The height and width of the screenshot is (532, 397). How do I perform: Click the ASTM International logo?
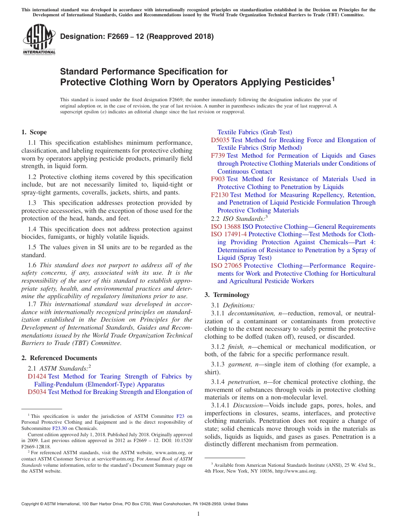coord(39,39)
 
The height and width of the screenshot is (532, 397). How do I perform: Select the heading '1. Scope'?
coord(34,132)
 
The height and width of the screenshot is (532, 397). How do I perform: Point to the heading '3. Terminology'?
coord(227,294)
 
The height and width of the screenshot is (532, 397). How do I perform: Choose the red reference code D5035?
coord(220,140)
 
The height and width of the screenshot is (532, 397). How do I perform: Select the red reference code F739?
coord(218,156)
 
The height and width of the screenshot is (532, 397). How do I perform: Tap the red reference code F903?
coord(218,179)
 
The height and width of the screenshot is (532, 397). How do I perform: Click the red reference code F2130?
coord(219,195)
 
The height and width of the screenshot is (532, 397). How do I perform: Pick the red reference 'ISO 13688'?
coord(226,227)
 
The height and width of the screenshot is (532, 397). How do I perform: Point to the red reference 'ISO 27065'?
coord(226,266)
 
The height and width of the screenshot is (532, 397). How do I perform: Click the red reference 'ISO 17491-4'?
coord(229,234)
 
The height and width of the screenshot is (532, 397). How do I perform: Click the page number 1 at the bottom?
coord(198,514)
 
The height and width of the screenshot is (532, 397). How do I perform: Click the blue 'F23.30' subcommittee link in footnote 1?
coord(59,428)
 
